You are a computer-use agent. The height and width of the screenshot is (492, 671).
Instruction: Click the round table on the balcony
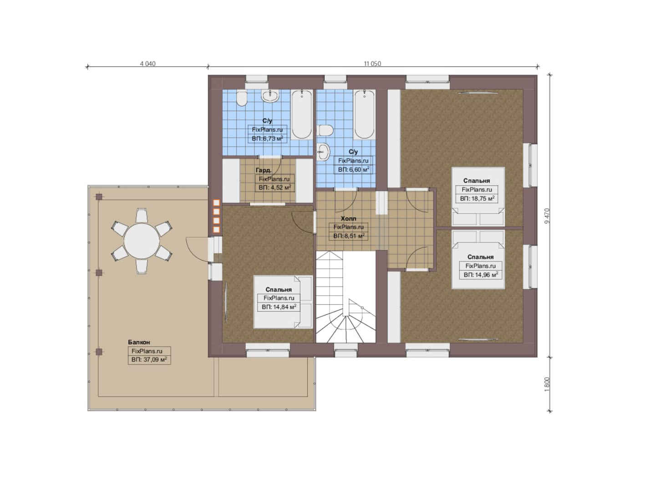click(x=142, y=241)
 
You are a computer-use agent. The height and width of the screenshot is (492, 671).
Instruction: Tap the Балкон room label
click(x=139, y=342)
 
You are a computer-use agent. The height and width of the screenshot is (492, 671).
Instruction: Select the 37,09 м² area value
click(x=149, y=359)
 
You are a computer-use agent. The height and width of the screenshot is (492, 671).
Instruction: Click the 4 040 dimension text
click(x=147, y=64)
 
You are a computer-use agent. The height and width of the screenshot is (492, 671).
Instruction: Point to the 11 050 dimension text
click(x=372, y=64)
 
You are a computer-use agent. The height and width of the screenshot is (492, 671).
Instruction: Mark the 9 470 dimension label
click(x=547, y=216)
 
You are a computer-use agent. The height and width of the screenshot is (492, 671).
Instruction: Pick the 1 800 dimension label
click(x=547, y=384)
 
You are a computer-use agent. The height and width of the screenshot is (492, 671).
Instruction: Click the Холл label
click(x=349, y=219)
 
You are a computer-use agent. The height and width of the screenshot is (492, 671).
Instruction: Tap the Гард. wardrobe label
click(x=264, y=170)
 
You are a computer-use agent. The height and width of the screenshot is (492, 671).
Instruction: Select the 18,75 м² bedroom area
click(x=477, y=199)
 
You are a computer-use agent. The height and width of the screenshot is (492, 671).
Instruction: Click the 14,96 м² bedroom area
click(x=481, y=275)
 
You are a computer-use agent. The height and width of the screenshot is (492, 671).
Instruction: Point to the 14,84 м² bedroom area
click(x=279, y=307)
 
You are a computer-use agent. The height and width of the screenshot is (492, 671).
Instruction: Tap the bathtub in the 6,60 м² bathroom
click(x=364, y=114)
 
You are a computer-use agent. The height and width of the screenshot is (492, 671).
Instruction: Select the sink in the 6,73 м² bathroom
click(x=270, y=96)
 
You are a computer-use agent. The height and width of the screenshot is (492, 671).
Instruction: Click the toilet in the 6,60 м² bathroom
click(x=325, y=130)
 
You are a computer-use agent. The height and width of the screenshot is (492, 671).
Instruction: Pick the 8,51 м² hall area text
click(x=349, y=236)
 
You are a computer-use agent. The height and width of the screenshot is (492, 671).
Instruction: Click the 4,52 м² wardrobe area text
click(x=274, y=188)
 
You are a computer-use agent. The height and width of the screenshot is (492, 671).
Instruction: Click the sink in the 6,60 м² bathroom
click(x=324, y=151)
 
